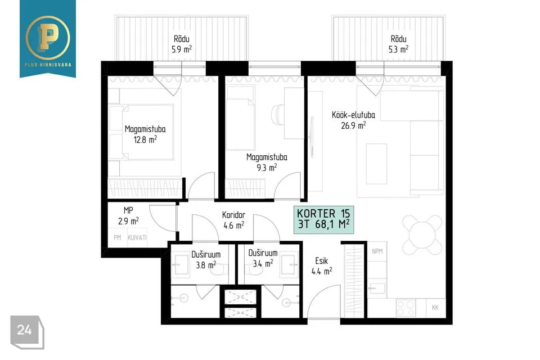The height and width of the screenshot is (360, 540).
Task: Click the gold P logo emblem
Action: tap(47, 37)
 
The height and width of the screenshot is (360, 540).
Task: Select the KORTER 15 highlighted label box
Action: tap(323, 219)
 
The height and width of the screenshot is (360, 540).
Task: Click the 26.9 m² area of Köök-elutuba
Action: tap(353, 125)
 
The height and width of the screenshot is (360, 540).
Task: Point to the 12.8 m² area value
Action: tap(145, 139)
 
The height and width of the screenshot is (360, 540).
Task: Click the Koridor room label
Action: tap(233, 215)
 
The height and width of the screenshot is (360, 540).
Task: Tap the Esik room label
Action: tap(322, 261)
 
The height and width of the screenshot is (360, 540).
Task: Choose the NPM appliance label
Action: tap(377, 251)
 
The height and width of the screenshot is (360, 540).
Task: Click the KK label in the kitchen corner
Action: tap(435, 308)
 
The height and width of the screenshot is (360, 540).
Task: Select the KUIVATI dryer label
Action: tap(137, 237)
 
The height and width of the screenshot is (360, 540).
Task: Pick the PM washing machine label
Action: tap(118, 237)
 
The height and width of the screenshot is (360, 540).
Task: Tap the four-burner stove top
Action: tap(406, 308)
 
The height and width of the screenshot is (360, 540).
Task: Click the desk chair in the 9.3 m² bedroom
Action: tap(278, 114)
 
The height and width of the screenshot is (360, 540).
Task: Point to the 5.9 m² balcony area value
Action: tap(182, 49)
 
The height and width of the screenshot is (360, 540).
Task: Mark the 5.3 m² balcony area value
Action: tap(398, 49)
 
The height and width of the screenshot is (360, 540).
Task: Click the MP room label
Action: tap(128, 210)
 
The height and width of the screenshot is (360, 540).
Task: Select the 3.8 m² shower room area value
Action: tap(206, 264)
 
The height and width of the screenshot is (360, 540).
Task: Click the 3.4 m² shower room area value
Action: tap(263, 264)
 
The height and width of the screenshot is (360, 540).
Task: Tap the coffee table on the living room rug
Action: tap(376, 164)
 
